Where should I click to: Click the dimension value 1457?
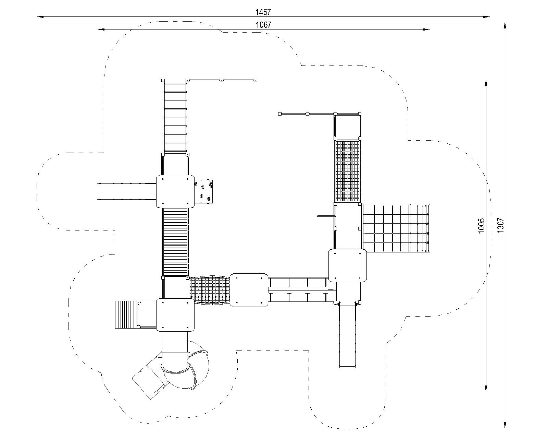click(263, 12)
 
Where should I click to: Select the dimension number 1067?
click(263, 25)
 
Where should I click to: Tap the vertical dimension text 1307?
click(500, 225)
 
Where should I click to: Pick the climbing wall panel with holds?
click(203, 192)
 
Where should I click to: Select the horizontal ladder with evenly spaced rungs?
click(175, 117)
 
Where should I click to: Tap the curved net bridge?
click(210, 290)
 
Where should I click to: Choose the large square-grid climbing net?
click(396, 228)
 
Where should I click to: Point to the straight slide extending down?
click(347, 335)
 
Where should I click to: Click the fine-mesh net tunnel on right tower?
click(348, 171)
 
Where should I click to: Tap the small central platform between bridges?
click(249, 290)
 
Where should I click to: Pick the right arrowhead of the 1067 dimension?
click(426, 29)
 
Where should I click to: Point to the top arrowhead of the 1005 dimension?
click(486, 84)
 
